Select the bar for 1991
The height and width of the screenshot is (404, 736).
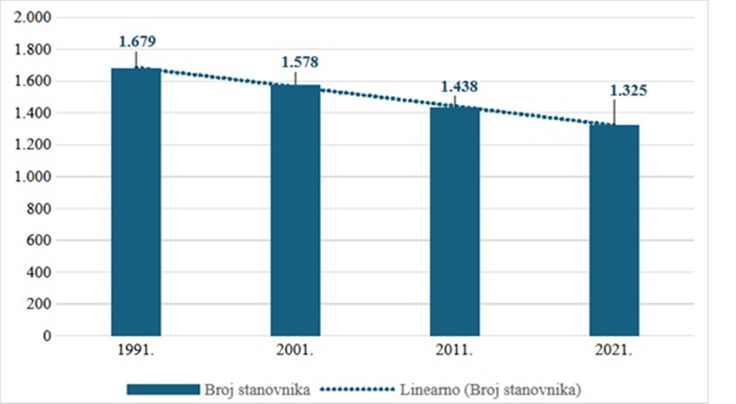tap(136, 202)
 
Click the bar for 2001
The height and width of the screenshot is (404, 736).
tap(295, 210)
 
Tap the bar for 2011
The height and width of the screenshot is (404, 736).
tap(455, 222)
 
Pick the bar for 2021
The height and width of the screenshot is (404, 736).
tap(614, 230)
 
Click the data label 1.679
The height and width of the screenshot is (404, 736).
tap(138, 41)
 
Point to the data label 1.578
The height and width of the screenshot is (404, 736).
tap(300, 62)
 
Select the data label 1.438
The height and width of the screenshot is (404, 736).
tap(459, 86)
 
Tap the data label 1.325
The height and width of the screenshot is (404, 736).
tap(628, 91)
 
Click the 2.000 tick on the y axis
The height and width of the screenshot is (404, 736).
tap(33, 17)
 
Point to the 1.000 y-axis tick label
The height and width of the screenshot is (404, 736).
tap(33, 177)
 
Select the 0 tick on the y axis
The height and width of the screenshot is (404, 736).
tap(47, 336)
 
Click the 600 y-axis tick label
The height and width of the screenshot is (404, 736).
tap(39, 240)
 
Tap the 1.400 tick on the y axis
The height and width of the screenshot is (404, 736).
tap(33, 113)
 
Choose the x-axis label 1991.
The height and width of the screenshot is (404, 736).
tap(136, 350)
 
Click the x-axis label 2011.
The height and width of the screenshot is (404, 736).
tap(454, 350)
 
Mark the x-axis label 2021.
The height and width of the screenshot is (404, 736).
tap(614, 350)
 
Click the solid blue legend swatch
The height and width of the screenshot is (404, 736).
tap(163, 390)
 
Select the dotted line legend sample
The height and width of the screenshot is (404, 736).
tap(357, 390)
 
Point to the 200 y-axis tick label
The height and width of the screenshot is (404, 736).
tap(39, 304)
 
